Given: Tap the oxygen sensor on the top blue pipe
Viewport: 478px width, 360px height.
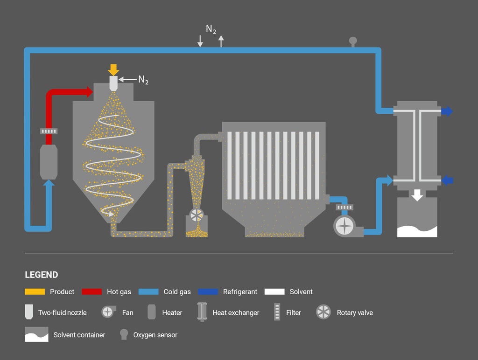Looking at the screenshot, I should (x=353, y=42).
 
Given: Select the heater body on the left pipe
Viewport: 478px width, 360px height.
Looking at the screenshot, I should (x=49, y=161).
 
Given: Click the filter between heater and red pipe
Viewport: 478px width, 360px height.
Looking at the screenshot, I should (x=49, y=131).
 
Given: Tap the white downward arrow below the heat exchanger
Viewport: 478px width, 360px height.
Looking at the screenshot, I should (x=417, y=195).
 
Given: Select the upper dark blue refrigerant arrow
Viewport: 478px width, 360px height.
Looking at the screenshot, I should (x=447, y=111).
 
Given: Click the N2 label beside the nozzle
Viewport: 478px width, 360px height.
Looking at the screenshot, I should (x=143, y=80).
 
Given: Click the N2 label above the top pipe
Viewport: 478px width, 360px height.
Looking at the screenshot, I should (x=211, y=29).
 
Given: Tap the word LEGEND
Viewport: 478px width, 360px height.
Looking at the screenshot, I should (x=42, y=275).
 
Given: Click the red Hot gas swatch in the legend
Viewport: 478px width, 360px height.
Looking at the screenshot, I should (x=91, y=292).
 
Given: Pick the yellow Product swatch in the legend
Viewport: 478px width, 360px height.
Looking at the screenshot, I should (x=35, y=292).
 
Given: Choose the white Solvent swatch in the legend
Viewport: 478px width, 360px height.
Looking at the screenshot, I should (x=274, y=292).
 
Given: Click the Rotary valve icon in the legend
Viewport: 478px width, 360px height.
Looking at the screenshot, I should (x=323, y=312).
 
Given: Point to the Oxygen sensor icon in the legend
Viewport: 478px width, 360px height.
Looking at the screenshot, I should (x=124, y=334).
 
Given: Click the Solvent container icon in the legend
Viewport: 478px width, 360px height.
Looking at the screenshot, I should (x=36, y=334).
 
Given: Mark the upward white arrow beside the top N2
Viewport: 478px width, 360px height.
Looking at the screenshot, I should (x=221, y=41).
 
